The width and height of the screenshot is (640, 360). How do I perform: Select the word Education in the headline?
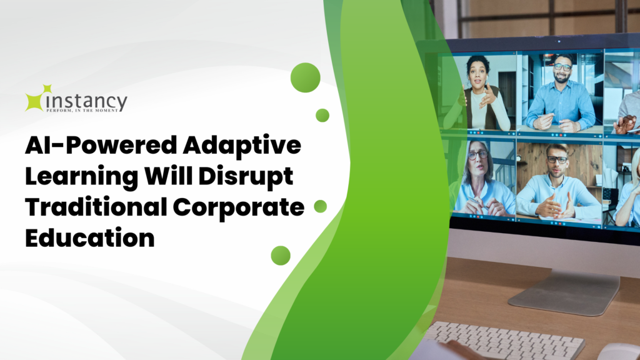(x=90, y=237)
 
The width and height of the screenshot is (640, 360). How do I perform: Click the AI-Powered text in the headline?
(x=101, y=145)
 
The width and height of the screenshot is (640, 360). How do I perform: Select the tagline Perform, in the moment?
(x=82, y=110)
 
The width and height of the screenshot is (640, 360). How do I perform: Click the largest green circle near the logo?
(x=305, y=77)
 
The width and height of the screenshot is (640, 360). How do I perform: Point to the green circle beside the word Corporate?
(x=321, y=206)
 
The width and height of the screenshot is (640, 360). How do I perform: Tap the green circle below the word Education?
(x=281, y=256)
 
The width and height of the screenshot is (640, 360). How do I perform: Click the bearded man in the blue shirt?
(x=561, y=96)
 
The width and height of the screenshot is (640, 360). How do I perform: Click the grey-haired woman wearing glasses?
(x=482, y=179)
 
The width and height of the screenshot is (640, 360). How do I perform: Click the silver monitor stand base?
(x=565, y=292)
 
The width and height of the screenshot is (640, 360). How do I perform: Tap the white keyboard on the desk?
(x=502, y=340)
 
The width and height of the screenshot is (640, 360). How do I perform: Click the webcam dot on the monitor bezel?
(x=559, y=42)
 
